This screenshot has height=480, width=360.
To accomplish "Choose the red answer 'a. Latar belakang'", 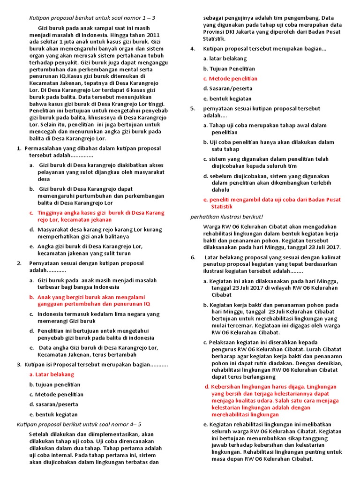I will (x=52, y=375).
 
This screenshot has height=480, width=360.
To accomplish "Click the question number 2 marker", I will (x=19, y=263).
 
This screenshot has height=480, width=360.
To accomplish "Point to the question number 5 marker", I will (x=193, y=108).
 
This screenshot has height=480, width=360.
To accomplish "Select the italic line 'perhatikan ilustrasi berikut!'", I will (x=227, y=217).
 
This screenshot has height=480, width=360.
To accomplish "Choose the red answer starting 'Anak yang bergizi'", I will (x=92, y=300).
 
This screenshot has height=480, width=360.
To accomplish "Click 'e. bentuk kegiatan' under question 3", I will (x=53, y=414).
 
